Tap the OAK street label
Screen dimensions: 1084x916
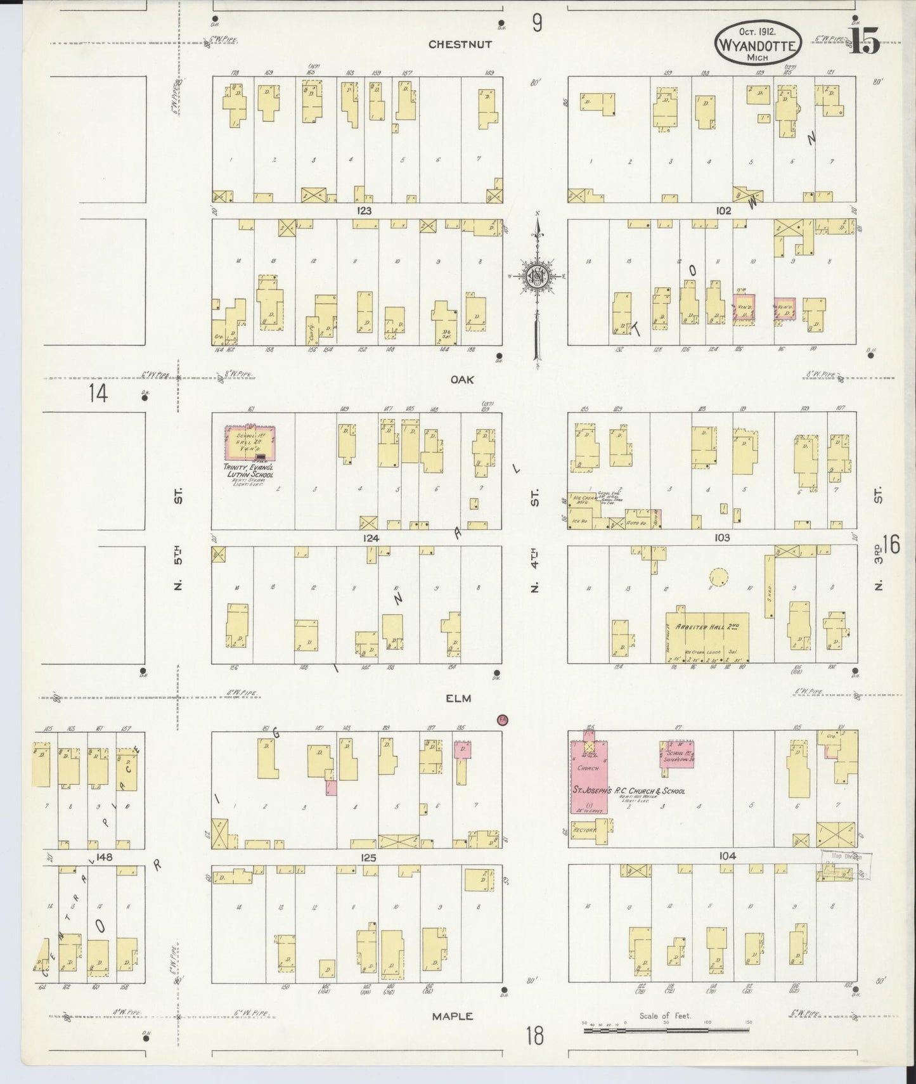(x=462, y=379)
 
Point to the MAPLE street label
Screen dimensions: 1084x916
(x=453, y=1016)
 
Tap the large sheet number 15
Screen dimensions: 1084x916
(x=865, y=42)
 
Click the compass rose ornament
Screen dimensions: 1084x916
(x=536, y=276)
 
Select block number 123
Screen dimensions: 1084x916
(x=364, y=210)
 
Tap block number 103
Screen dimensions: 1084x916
(x=721, y=537)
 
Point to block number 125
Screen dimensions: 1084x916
(x=368, y=857)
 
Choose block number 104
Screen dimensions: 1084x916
(x=727, y=856)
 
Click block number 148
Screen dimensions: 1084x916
(x=104, y=857)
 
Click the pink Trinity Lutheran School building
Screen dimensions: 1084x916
(x=250, y=443)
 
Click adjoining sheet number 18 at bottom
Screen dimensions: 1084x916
(x=534, y=1036)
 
